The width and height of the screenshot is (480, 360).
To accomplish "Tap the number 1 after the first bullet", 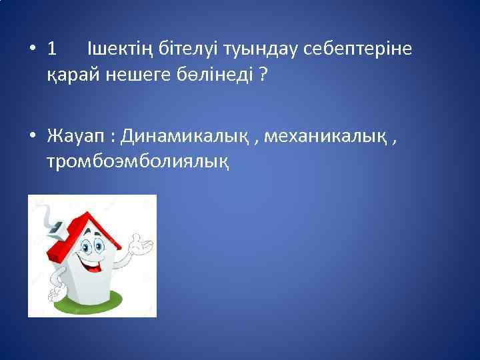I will pyautogui.click(x=53, y=49).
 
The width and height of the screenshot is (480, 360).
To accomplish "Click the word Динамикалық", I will pyautogui.click(x=189, y=137).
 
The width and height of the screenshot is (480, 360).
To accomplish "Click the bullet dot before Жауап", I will pyautogui.click(x=32, y=137).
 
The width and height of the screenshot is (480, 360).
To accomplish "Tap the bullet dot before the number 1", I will pyautogui.click(x=32, y=49).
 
